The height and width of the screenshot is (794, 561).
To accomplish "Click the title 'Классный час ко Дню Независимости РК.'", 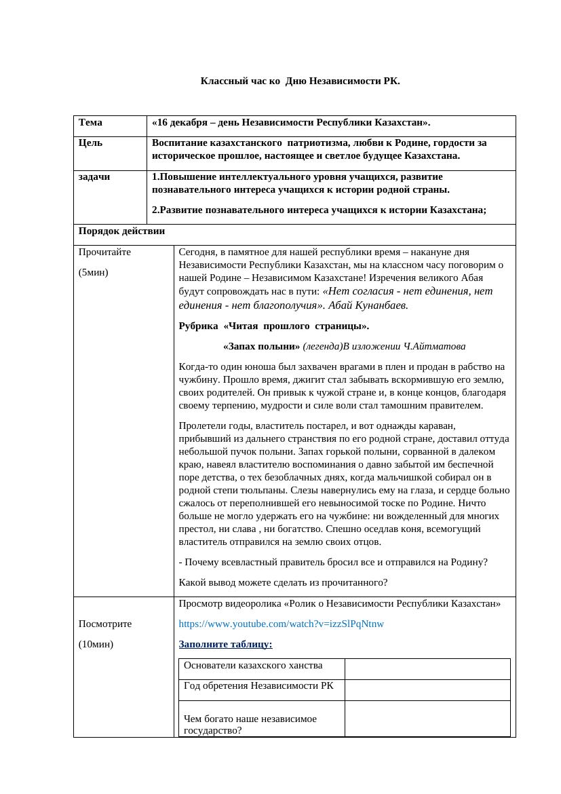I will (300, 81).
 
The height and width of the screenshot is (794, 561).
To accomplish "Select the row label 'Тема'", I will (90, 123).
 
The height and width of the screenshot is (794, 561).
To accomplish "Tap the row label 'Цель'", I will (91, 143).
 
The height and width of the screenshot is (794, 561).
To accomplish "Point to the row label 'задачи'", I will (94, 176).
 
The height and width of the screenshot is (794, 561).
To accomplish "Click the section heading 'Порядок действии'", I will (121, 231).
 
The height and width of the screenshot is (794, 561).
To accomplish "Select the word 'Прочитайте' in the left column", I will (104, 252).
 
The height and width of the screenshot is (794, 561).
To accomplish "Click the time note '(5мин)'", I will (93, 272).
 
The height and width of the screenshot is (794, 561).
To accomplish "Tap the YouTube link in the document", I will (281, 624).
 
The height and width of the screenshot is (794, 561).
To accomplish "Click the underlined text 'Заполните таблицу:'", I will (225, 644).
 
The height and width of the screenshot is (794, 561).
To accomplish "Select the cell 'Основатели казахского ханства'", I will (253, 666).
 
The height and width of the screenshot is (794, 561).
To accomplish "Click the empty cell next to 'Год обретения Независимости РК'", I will (427, 690).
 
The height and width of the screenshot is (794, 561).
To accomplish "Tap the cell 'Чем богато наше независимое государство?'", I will (250, 724).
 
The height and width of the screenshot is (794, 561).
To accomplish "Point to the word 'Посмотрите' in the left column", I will (105, 624).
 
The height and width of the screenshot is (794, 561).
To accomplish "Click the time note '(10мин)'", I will (96, 644).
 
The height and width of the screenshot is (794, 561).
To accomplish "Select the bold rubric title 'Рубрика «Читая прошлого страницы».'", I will (274, 326).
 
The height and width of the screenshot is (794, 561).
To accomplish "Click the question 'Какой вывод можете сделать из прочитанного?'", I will (283, 582).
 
